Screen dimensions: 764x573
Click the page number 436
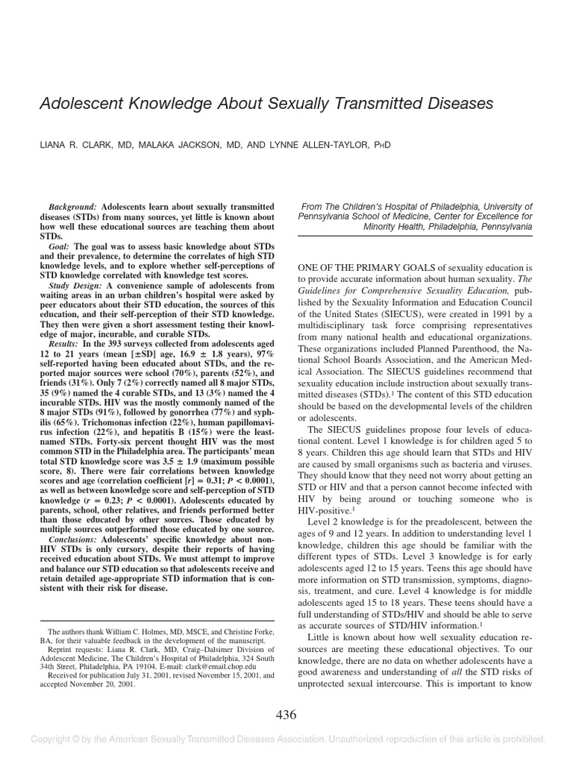point(286,715)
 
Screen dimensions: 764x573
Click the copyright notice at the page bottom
point(286,739)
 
